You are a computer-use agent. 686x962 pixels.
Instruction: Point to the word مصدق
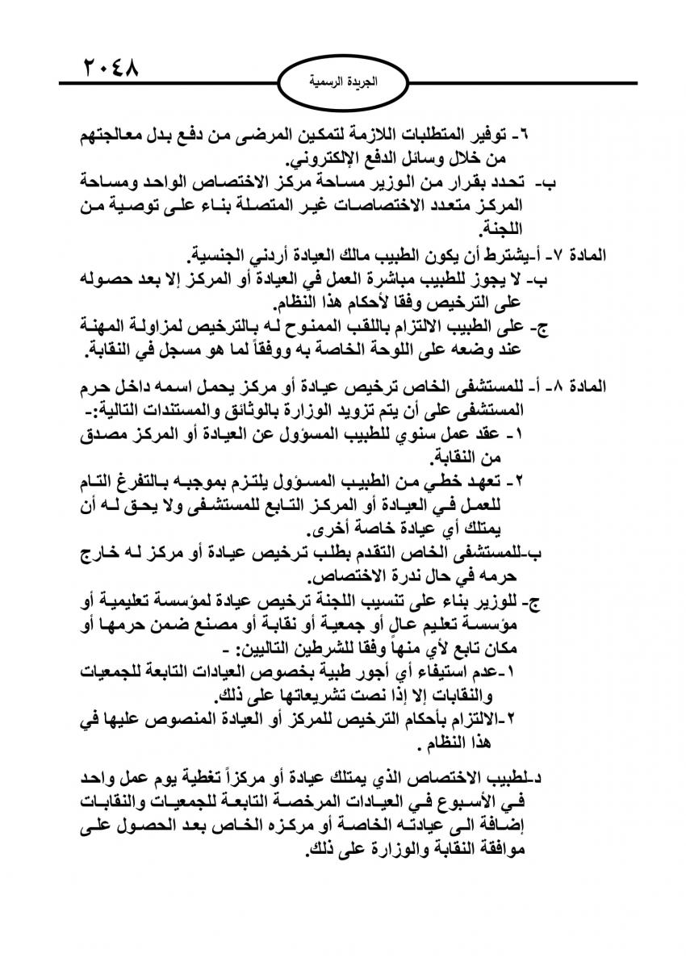[x=111, y=435]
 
